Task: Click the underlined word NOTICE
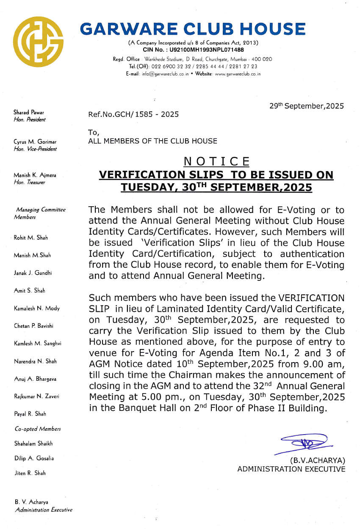217,161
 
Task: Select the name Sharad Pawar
29,112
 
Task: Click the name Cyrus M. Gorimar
35,141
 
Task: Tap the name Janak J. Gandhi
33,273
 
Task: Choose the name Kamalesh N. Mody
37,308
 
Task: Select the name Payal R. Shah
30,414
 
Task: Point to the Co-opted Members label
38,429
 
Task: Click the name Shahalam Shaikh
33,443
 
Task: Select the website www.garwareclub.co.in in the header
238,74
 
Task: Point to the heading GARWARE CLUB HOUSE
193,29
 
